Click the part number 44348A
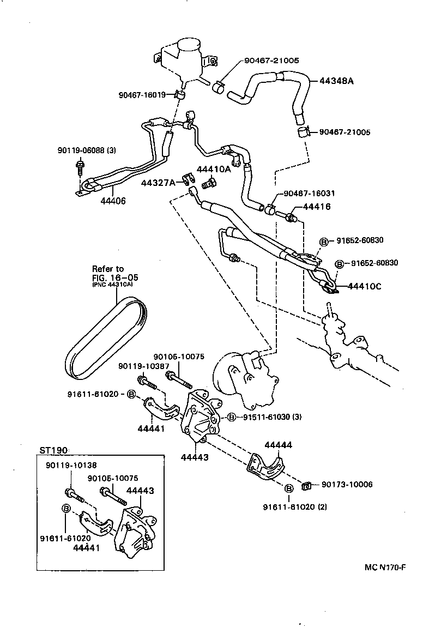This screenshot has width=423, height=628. tap(336, 81)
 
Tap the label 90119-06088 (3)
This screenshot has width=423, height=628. tap(86, 150)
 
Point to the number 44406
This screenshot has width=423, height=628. tap(113, 201)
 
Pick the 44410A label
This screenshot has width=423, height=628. tap(214, 169)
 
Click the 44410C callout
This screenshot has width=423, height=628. tap(366, 285)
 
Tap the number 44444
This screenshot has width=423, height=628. tap(278, 445)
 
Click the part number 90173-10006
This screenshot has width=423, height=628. tap(347, 484)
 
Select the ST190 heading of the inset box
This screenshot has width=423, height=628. tap(53, 450)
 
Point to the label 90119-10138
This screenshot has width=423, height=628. tap(70, 466)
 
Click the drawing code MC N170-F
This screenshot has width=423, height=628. tap(385, 567)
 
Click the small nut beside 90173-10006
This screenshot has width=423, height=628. tap(307, 484)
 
